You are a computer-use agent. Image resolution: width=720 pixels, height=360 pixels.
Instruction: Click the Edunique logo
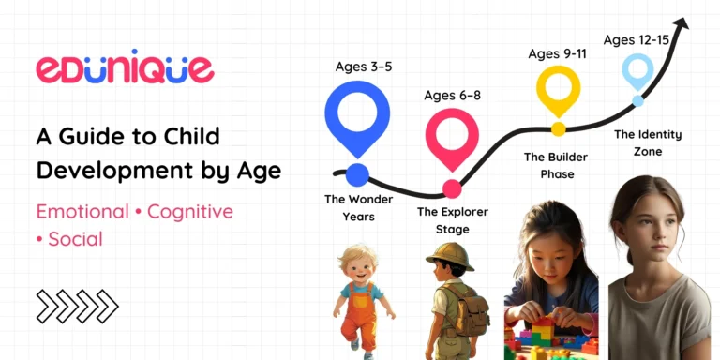point(125,68)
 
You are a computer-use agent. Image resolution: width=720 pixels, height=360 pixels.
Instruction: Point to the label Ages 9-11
point(559,53)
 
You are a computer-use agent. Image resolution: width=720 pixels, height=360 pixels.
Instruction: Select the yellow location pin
point(559,91)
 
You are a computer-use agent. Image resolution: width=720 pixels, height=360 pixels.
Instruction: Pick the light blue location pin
point(637,72)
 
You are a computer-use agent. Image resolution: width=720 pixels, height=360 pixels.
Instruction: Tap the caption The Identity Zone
point(648,142)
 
